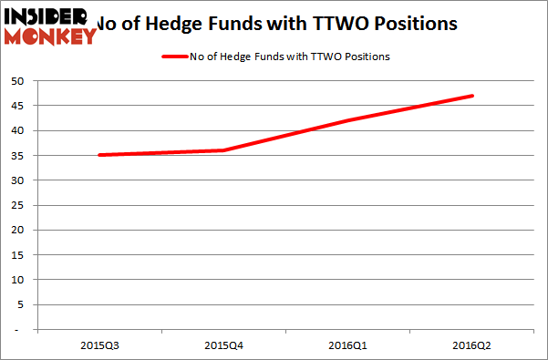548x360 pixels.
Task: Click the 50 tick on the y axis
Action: click(x=16, y=81)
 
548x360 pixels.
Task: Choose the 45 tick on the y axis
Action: click(x=16, y=106)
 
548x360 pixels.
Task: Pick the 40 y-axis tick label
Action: click(x=16, y=130)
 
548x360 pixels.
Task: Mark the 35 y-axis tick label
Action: click(x=16, y=155)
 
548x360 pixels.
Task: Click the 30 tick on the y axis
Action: click(x=16, y=180)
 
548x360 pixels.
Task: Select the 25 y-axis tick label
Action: click(x=16, y=205)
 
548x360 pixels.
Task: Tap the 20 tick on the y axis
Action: click(x=16, y=230)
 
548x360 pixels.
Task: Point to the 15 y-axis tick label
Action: click(x=16, y=254)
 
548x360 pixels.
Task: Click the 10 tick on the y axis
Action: click(x=16, y=279)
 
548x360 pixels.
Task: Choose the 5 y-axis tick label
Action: click(x=19, y=304)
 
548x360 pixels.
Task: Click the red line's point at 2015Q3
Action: click(x=98, y=155)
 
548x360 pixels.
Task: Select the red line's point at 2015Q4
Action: click(x=223, y=150)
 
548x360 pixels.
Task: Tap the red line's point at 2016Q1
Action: click(x=348, y=120)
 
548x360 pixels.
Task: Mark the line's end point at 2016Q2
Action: click(x=473, y=96)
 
